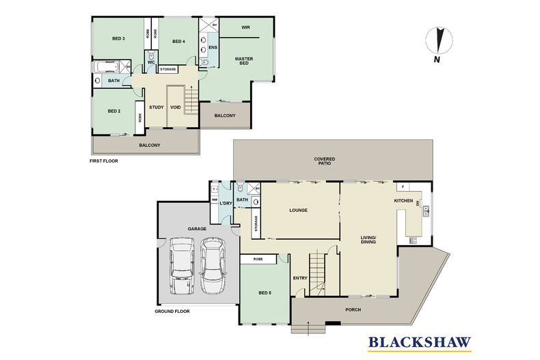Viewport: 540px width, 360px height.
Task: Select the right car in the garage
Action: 213,266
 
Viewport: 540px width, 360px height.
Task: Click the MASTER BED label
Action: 244,62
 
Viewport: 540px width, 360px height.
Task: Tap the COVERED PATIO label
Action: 325,161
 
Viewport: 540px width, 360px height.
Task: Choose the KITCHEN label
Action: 404,201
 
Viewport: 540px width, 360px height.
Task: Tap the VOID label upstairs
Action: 176,107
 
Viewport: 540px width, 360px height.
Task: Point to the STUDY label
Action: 155,107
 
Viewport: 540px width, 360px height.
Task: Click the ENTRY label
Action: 300,278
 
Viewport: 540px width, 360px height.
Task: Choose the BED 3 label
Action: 118,39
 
